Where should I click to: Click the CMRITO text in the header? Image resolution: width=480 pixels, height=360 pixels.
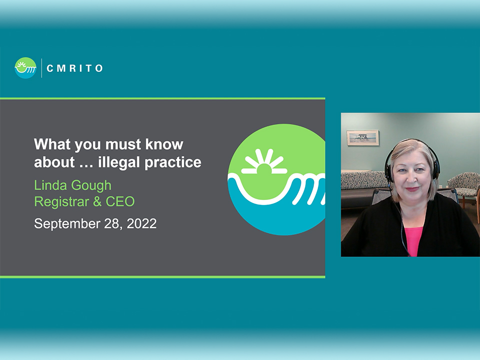tap(74, 68)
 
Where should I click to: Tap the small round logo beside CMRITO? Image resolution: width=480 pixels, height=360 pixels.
tap(25, 68)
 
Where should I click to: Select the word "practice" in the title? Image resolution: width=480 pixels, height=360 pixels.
tap(173, 162)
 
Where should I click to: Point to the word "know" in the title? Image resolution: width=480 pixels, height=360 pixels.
tap(164, 144)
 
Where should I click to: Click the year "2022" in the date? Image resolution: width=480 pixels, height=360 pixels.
tap(141, 223)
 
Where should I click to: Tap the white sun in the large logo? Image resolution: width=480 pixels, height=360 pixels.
tap(264, 161)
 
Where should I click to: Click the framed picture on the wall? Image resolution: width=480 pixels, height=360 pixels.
tap(363, 137)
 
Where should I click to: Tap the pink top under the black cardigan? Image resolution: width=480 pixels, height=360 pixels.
tap(413, 241)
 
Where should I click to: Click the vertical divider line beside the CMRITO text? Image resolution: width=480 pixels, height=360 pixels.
tap(41, 68)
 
